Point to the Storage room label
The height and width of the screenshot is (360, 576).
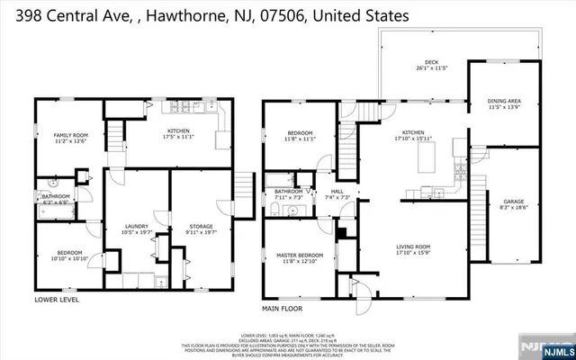click(201, 229)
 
